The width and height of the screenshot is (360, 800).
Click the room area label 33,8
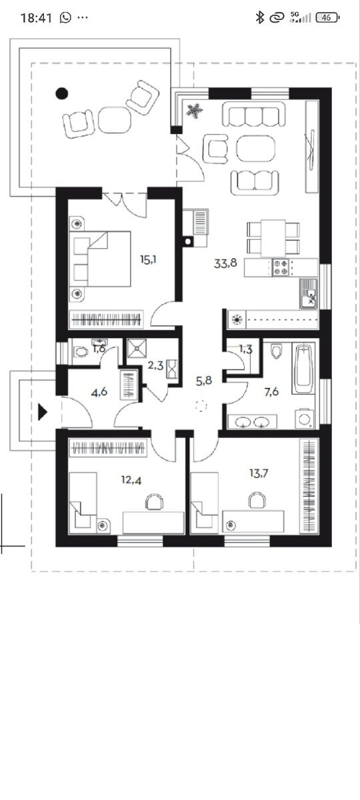click(x=225, y=263)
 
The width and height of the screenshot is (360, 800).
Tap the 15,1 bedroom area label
click(x=148, y=259)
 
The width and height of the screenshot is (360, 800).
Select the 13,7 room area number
click(x=259, y=473)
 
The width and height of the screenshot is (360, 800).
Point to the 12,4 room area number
click(x=131, y=480)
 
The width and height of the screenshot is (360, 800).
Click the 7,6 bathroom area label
click(x=271, y=392)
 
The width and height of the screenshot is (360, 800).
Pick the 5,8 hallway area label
click(x=204, y=381)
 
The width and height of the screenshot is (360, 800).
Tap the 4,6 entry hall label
click(x=99, y=393)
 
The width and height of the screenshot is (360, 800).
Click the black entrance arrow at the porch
click(x=43, y=412)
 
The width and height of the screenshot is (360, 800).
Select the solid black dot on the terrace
click(x=62, y=93)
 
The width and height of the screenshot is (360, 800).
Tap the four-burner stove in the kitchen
click(x=281, y=267)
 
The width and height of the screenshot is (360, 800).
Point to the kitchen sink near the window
click(x=309, y=293)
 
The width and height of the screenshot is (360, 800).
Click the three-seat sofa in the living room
click(x=254, y=114)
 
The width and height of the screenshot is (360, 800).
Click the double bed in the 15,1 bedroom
click(x=100, y=259)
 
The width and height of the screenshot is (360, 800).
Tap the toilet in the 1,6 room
click(x=81, y=352)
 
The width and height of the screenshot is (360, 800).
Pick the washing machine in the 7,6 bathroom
click(x=305, y=419)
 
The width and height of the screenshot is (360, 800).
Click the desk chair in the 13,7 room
click(x=257, y=500)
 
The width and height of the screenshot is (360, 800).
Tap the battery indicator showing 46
click(x=327, y=17)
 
